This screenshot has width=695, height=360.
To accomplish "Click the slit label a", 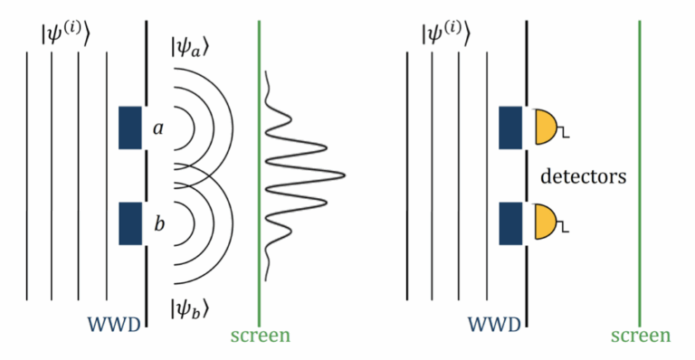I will click(157, 128).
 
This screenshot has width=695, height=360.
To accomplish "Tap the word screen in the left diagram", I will click(260, 336).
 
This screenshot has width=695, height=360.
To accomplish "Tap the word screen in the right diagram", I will click(641, 336).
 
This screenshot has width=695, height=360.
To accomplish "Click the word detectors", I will click(583, 175).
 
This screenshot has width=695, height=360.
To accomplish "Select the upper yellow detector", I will click(547, 128).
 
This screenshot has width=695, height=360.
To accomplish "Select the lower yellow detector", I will click(547, 223).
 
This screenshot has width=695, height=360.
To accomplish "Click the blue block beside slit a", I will click(130, 128).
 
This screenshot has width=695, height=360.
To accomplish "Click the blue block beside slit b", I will click(130, 223).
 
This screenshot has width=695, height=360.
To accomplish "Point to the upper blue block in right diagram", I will click(509, 128).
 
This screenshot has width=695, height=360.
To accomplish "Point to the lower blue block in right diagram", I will click(509, 223).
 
